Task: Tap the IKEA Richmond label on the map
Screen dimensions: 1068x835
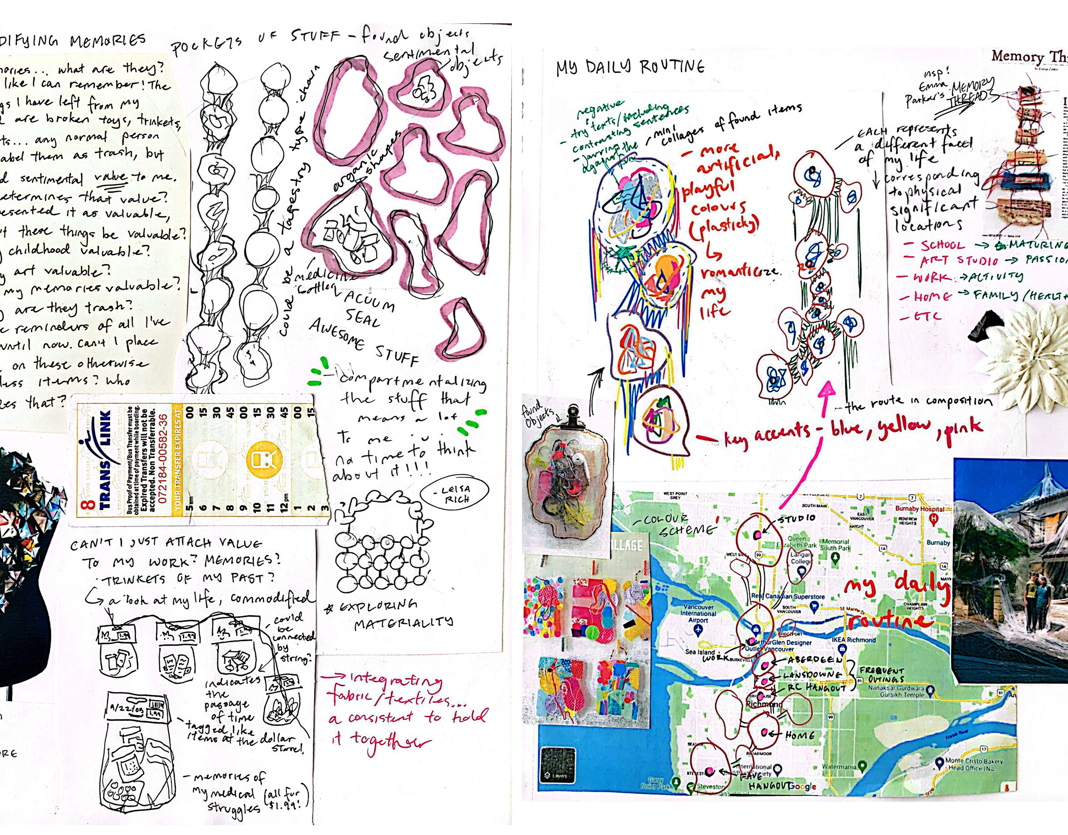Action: pyautogui.click(x=854, y=639)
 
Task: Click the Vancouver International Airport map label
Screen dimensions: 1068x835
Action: pyautogui.click(x=698, y=613)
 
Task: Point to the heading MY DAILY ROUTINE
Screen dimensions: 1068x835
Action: pyautogui.click(x=630, y=67)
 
